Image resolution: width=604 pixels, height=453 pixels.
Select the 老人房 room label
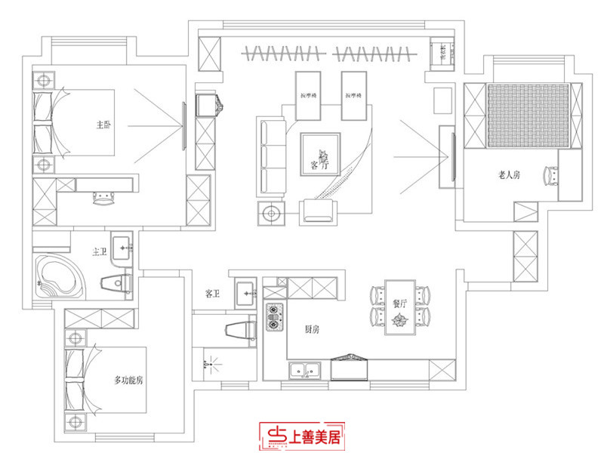510,175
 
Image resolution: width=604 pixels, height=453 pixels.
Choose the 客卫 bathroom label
212,294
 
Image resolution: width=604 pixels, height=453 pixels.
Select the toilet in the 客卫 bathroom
242,328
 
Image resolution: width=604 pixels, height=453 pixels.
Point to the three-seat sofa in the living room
270,156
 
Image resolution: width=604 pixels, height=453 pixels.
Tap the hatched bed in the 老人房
527,115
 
